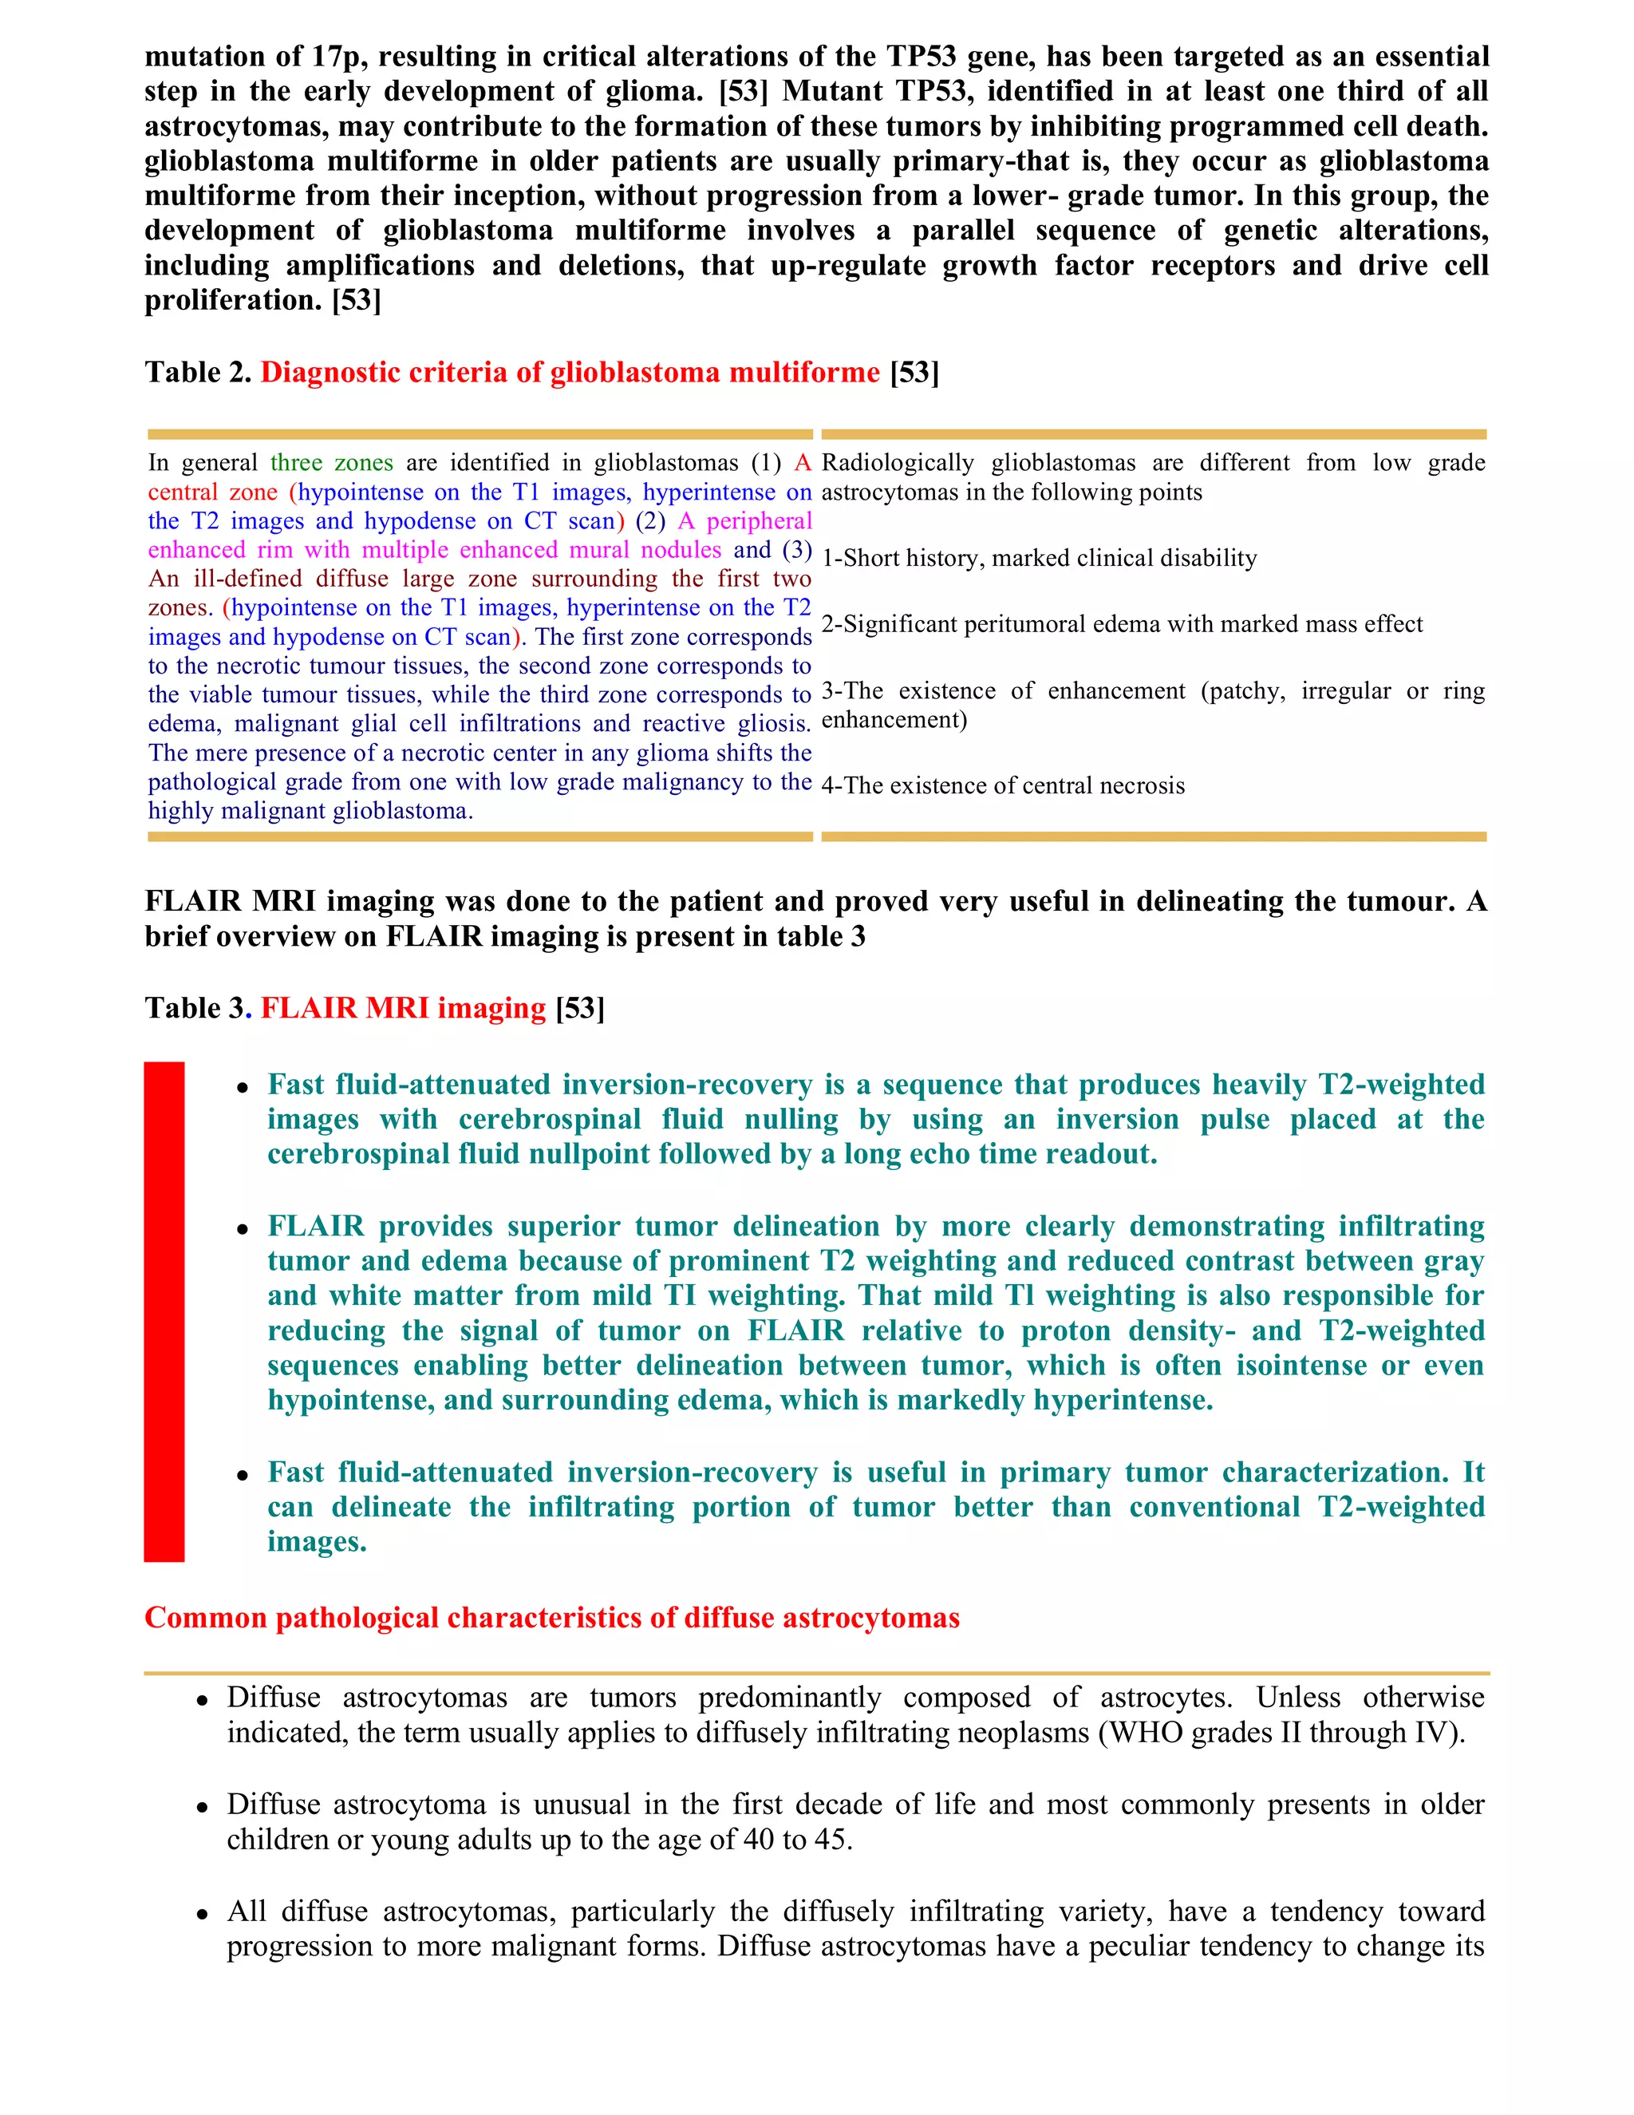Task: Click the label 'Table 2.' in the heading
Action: tap(198, 373)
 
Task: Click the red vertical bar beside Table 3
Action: tap(164, 1311)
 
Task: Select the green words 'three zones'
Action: tap(331, 463)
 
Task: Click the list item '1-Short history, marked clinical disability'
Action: tap(1039, 559)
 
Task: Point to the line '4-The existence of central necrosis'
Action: tap(1003, 785)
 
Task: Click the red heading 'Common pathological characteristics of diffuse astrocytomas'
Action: tap(552, 1619)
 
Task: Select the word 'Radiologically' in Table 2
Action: tap(898, 463)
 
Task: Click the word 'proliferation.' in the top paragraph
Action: tap(233, 300)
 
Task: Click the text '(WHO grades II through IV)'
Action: tap(1280, 1733)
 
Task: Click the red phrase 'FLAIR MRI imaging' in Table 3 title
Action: tap(403, 1008)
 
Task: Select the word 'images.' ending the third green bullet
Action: tap(317, 1542)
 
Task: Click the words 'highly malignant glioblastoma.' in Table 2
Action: tap(310, 812)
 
